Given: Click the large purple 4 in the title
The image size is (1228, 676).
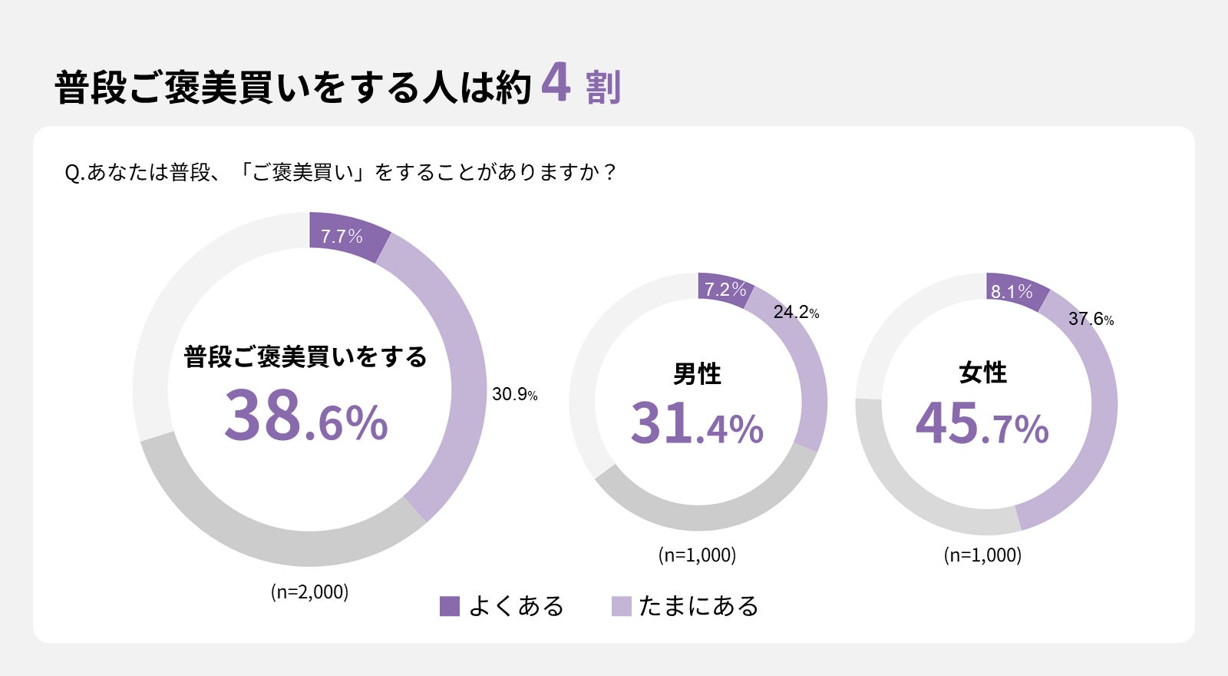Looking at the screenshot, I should pyautogui.click(x=556, y=82).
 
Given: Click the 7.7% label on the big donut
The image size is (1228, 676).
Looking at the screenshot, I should pyautogui.click(x=342, y=236).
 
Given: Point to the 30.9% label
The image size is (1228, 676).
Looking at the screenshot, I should pyautogui.click(x=514, y=394).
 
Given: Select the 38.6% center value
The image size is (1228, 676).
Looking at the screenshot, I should pyautogui.click(x=306, y=416).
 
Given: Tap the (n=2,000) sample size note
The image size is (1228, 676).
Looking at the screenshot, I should pyautogui.click(x=309, y=591).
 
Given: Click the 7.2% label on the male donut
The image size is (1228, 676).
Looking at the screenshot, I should pyautogui.click(x=725, y=290).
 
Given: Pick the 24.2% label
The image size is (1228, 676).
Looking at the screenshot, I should pyautogui.click(x=796, y=312).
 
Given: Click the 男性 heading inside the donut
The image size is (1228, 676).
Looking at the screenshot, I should pyautogui.click(x=697, y=374).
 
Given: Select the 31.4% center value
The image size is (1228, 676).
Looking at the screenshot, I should pyautogui.click(x=697, y=424).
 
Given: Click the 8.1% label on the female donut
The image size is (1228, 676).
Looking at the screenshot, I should pyautogui.click(x=1012, y=292).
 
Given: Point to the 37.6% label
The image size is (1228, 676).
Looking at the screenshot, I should pyautogui.click(x=1091, y=319).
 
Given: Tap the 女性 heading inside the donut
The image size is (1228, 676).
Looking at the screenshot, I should pyautogui.click(x=982, y=373).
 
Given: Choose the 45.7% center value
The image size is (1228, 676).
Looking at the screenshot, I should pyautogui.click(x=982, y=424).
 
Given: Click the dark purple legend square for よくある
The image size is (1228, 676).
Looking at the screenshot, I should pyautogui.click(x=449, y=606).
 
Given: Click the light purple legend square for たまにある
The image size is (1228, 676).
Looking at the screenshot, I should pyautogui.click(x=621, y=606).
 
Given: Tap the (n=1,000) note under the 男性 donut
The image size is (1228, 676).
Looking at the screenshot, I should pyautogui.click(x=697, y=555).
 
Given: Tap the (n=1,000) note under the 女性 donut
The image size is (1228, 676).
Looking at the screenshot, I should pyautogui.click(x=982, y=555).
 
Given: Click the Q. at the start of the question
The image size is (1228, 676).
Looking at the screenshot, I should pyautogui.click(x=74, y=173).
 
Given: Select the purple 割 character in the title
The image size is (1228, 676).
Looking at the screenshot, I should pyautogui.click(x=603, y=87).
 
